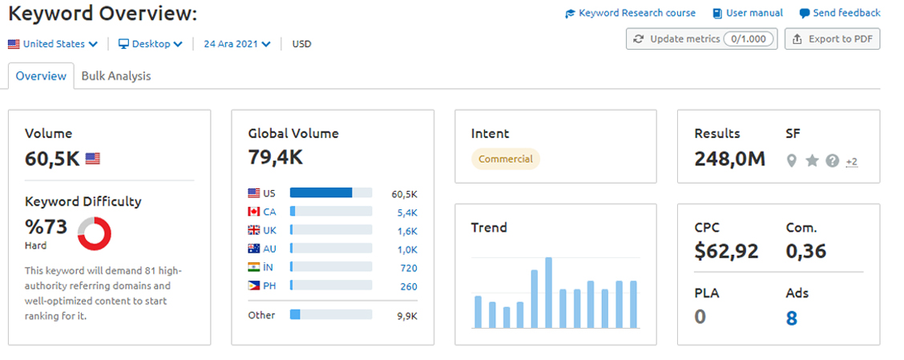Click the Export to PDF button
pos(832,39)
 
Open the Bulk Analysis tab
pos(116,75)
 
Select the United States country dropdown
pos(52,44)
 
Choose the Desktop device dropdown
pos(151,44)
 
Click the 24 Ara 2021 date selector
pos(237,44)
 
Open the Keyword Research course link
pos(630,13)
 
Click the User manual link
pos(748,13)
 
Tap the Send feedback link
pos(840,13)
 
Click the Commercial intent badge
pos(506,160)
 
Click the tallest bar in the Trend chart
pos(548,293)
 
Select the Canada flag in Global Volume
pos(254,212)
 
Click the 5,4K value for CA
pos(407,212)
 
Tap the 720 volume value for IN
pos(409,268)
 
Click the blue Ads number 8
pos(792,318)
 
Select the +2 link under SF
pos(852,162)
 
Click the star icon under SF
pos(813,161)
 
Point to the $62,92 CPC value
pos(726,251)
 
